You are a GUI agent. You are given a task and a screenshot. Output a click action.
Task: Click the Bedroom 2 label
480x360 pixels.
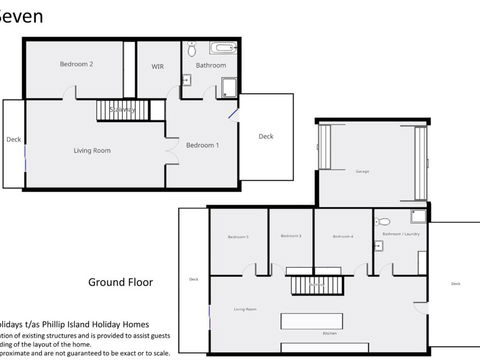point(76,64)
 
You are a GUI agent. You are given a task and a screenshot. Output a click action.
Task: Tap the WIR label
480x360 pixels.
point(157,66)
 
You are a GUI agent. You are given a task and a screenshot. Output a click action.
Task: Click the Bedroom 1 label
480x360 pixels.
point(203,145)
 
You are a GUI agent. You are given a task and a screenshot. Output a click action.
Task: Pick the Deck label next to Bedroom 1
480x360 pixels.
point(265,137)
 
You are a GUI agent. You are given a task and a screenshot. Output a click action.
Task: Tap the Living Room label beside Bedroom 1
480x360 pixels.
point(92,150)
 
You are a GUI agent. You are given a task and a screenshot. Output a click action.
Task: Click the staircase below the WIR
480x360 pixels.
point(122,109)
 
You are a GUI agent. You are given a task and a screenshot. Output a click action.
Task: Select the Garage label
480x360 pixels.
point(360,172)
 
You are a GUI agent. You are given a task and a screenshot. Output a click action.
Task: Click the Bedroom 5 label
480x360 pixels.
point(238,236)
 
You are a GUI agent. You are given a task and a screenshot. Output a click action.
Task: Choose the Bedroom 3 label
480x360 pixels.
point(292,236)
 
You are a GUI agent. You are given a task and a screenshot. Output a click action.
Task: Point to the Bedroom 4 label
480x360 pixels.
point(344,236)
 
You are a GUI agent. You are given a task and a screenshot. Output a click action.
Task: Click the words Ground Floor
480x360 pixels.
point(120,282)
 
